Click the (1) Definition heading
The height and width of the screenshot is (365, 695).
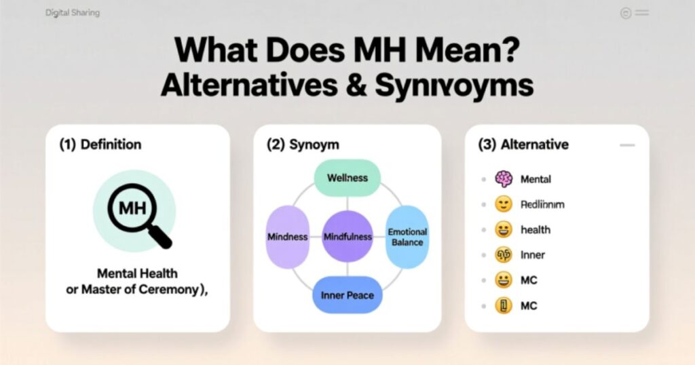pos(100,145)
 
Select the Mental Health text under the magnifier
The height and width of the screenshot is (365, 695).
pos(137,273)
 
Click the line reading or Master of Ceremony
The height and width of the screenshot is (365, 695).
pos(137,290)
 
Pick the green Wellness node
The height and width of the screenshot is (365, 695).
pos(347,178)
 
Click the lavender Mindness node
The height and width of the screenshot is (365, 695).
pos(288,237)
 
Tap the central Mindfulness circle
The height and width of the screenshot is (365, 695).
pos(347,237)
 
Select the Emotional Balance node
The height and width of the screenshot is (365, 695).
pos(407,237)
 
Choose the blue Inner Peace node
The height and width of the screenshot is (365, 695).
pos(347,296)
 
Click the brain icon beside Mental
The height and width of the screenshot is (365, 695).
pos(502,179)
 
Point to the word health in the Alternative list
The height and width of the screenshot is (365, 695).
pos(535,230)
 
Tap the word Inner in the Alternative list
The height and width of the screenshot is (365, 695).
pos(532,255)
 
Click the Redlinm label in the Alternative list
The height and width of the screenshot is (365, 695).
pos(542,204)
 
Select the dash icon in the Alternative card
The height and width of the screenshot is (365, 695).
pos(627,145)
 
